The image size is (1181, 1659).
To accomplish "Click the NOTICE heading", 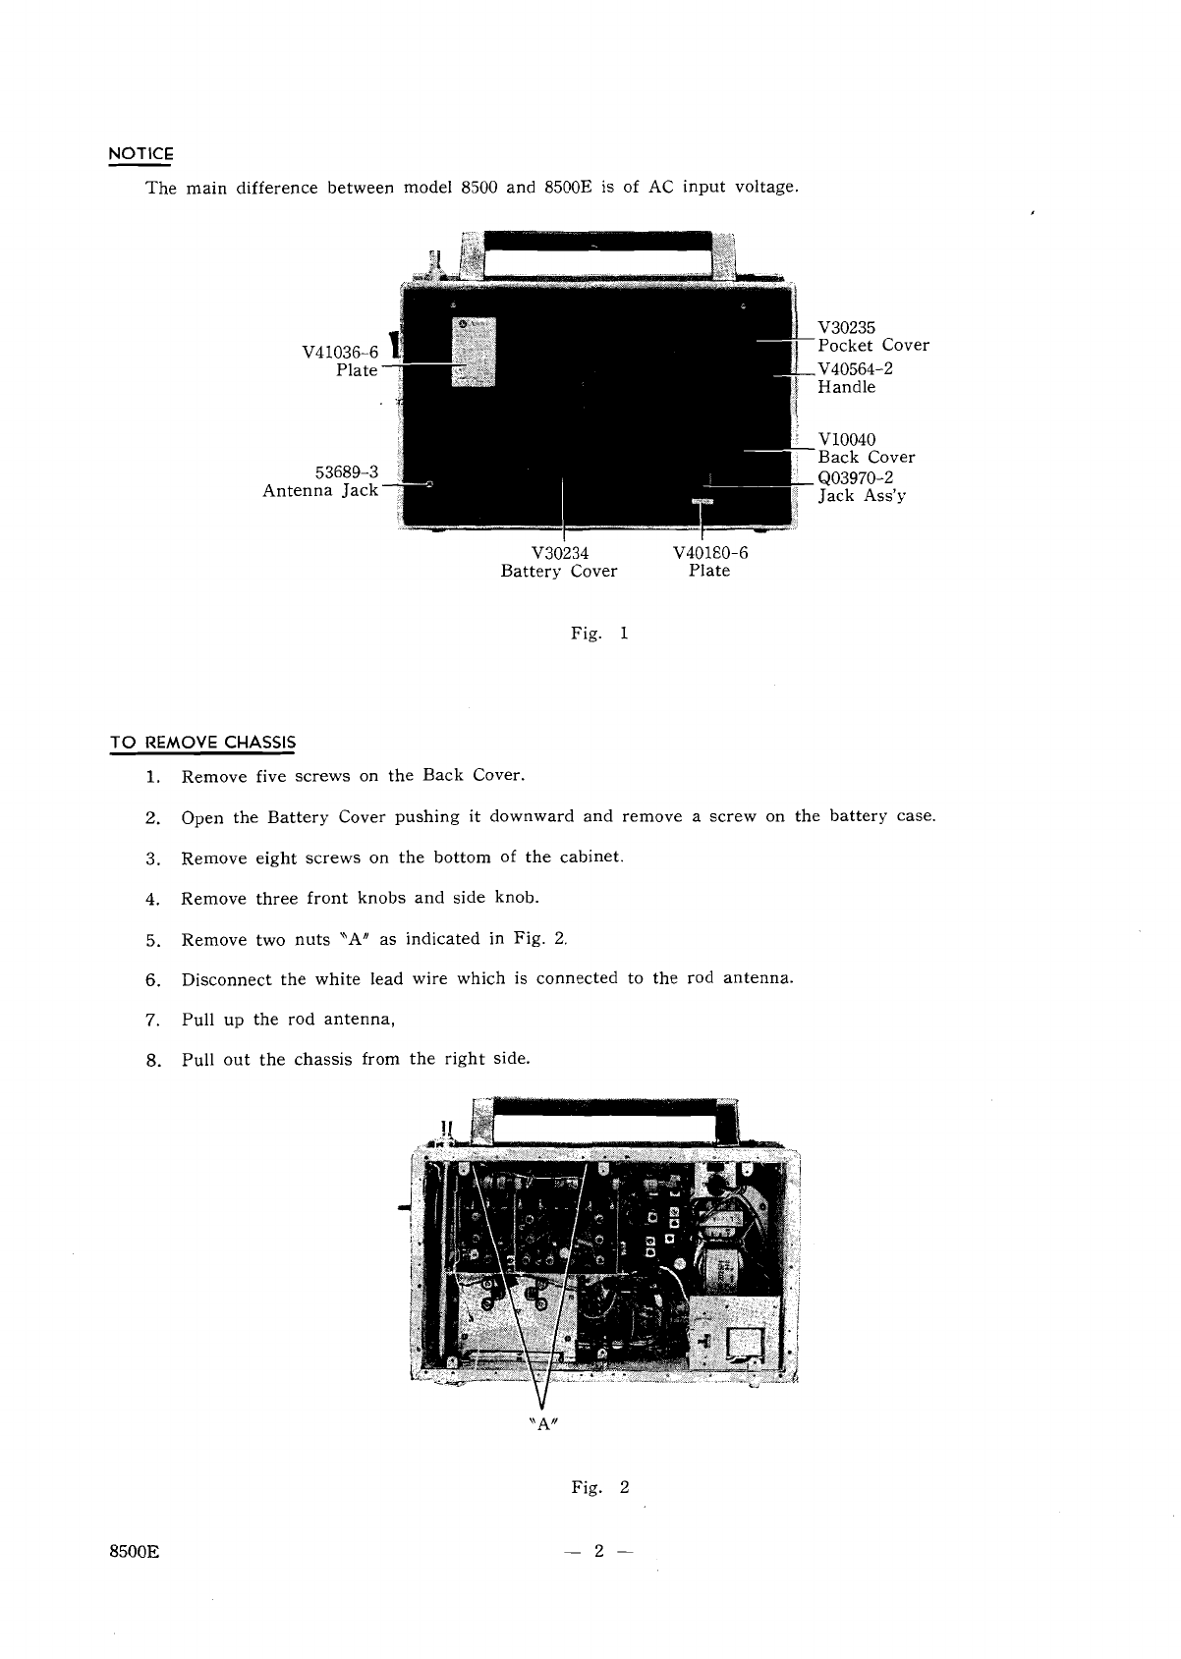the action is click(141, 154).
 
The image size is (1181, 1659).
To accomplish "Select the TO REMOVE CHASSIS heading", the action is click(202, 743).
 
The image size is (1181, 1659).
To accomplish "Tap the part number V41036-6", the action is click(340, 352).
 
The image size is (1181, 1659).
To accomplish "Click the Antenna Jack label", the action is click(320, 490).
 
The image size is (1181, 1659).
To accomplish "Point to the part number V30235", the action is click(846, 327).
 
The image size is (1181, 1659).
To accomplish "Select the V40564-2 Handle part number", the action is click(855, 369).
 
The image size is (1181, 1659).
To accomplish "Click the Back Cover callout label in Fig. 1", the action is click(867, 457).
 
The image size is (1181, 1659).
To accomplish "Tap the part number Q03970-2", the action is click(856, 477).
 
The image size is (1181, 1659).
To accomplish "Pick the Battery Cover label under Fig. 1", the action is click(559, 571).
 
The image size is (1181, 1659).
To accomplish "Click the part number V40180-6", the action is click(710, 552).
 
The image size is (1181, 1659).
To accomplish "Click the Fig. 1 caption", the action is click(599, 634).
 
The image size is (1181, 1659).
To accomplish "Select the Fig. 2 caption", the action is click(599, 1487).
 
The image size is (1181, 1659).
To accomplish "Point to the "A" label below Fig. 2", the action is click(543, 1423).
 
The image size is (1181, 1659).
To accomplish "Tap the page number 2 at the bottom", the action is click(598, 1551).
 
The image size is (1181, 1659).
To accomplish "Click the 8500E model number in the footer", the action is click(134, 1552).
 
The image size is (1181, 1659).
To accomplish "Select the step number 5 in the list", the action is click(152, 941).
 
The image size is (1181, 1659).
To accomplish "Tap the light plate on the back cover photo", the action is click(474, 352).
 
